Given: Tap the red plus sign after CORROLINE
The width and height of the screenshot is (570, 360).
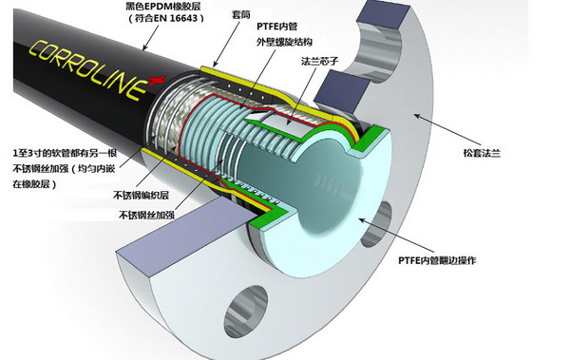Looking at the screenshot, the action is [158, 81].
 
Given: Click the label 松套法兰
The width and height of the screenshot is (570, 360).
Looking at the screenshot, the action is [482, 153].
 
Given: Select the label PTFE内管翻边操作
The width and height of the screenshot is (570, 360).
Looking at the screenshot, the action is [437, 260].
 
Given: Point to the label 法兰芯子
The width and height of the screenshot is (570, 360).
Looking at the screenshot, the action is [320, 61].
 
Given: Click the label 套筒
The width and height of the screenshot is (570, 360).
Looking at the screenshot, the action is [241, 14].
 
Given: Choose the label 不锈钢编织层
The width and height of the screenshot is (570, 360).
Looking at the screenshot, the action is [142, 196].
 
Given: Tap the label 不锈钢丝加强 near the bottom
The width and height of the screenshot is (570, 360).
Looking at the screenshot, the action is [146, 215].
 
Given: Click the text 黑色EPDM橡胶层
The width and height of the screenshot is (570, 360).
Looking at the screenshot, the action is [162, 7].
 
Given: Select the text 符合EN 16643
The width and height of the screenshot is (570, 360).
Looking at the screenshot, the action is [165, 19].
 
